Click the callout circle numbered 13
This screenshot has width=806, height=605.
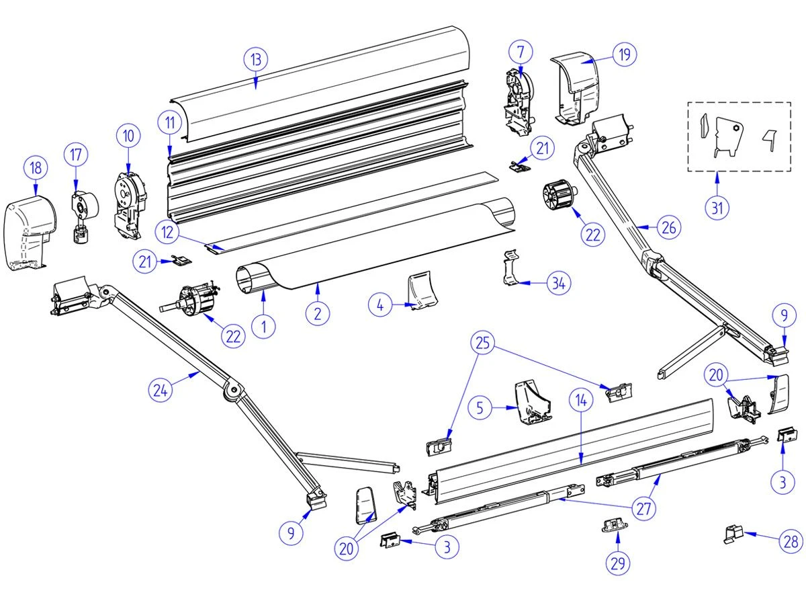(x=255, y=59)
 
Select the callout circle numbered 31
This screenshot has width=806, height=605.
(x=718, y=208)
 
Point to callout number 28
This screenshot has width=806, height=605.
(x=791, y=541)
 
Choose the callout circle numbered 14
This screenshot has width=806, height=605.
(x=582, y=399)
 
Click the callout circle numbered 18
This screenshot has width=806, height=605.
(x=36, y=167)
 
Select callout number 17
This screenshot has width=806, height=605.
(x=76, y=155)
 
